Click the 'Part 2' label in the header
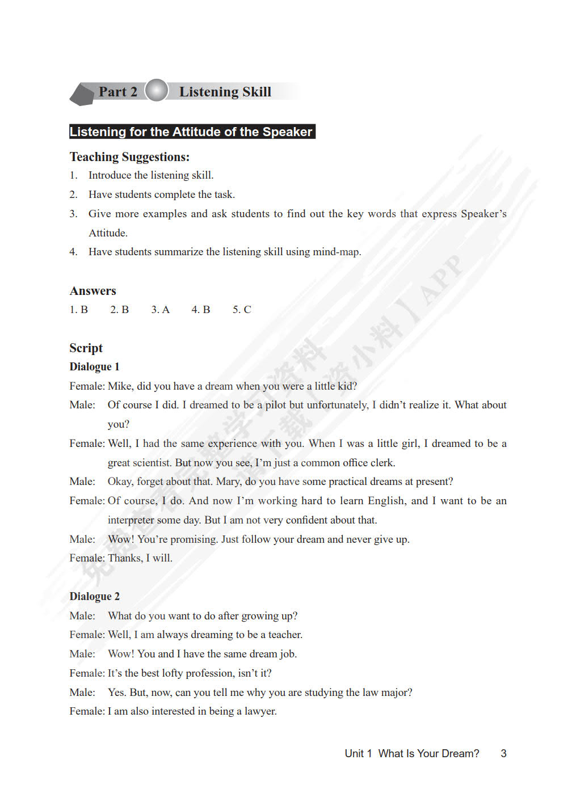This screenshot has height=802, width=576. tap(117, 92)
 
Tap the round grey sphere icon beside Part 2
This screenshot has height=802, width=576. tap(156, 91)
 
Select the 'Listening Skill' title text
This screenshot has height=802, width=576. tap(225, 92)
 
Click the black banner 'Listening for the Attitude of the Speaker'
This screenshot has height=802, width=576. tap(191, 132)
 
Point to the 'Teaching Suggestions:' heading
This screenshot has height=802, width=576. tap(129, 157)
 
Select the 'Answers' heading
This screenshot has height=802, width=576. tap(93, 291)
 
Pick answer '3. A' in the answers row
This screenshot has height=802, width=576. tap(160, 310)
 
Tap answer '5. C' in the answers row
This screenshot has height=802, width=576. tap(241, 310)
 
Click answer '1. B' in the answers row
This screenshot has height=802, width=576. tap(78, 310)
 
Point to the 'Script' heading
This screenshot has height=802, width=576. tap(86, 348)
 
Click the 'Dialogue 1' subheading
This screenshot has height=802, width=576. tap(94, 367)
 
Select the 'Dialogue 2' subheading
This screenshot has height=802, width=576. tap(94, 597)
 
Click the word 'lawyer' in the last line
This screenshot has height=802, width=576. tap(260, 711)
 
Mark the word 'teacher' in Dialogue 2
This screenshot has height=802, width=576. tap(285, 635)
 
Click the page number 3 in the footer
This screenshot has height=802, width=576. tap(503, 754)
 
